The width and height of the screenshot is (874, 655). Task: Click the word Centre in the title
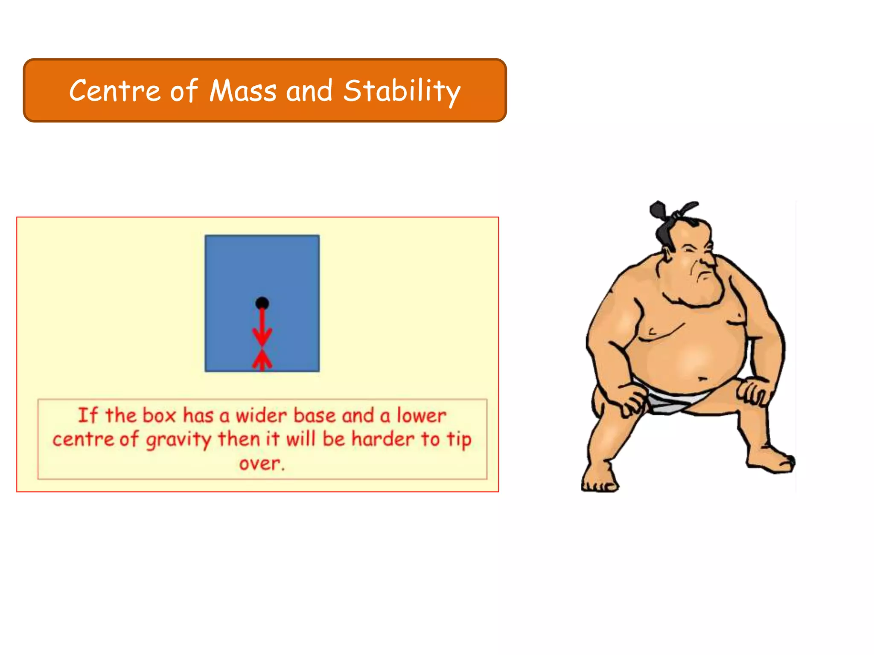tap(114, 91)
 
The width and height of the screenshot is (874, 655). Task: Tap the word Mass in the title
tap(243, 91)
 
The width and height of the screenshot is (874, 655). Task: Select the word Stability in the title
tap(402, 91)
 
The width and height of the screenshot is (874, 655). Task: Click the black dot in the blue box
tap(262, 303)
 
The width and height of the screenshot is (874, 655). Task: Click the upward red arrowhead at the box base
tap(262, 359)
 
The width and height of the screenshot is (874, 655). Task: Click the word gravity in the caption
tap(178, 440)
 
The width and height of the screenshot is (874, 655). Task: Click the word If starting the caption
tap(87, 415)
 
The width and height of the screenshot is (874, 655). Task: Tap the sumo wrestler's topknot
tap(659, 211)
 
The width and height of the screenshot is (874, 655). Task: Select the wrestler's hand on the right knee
tap(755, 391)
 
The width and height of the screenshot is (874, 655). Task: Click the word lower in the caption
tap(421, 415)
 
